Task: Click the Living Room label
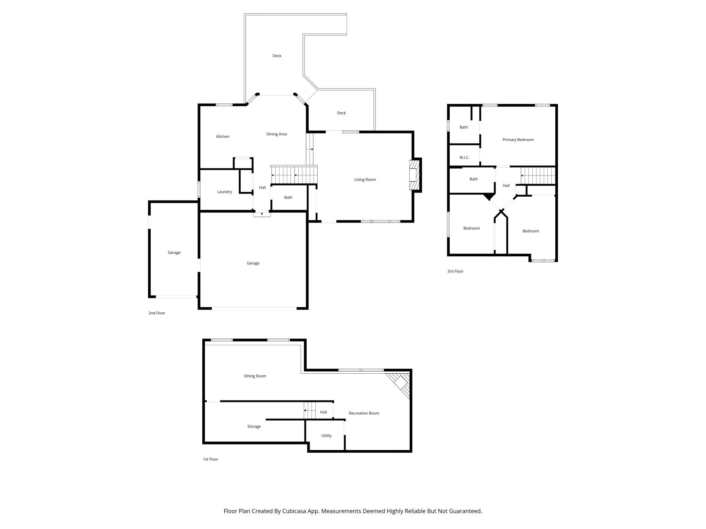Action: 365,180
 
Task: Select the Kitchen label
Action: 223,137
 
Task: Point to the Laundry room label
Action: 224,192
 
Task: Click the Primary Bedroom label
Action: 518,140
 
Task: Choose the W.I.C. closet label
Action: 464,158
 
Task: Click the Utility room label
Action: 326,436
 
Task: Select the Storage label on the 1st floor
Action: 254,427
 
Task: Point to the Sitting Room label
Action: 255,376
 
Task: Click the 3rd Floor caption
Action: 455,271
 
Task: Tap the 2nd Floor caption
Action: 156,313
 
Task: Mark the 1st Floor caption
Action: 210,459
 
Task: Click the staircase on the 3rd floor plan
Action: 538,176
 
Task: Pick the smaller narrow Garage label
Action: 174,253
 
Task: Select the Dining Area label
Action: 276,134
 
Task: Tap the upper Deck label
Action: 277,56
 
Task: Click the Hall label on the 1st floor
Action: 323,412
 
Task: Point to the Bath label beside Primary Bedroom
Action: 464,128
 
